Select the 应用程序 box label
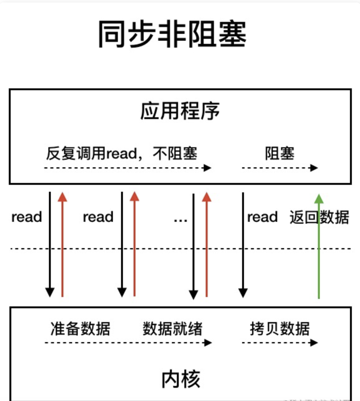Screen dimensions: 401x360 click(180, 111)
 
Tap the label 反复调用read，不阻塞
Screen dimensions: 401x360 click(122, 154)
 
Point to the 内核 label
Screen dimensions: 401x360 click(181, 379)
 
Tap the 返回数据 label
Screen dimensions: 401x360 click(319, 217)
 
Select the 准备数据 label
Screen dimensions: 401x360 click(80, 329)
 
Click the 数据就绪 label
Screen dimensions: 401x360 click(172, 329)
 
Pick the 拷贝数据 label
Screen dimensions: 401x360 click(280, 329)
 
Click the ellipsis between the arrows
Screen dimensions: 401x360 click(180, 219)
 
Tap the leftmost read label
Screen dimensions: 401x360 click(27, 217)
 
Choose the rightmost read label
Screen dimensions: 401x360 click(262, 217)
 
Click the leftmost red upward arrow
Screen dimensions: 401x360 click(62, 244)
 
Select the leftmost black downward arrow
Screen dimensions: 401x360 click(50, 244)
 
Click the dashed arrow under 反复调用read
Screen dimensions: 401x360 click(127, 168)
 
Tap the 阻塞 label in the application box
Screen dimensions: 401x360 click(280, 154)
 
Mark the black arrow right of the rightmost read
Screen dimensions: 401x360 click(243, 244)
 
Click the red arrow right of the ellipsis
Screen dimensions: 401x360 click(206, 244)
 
